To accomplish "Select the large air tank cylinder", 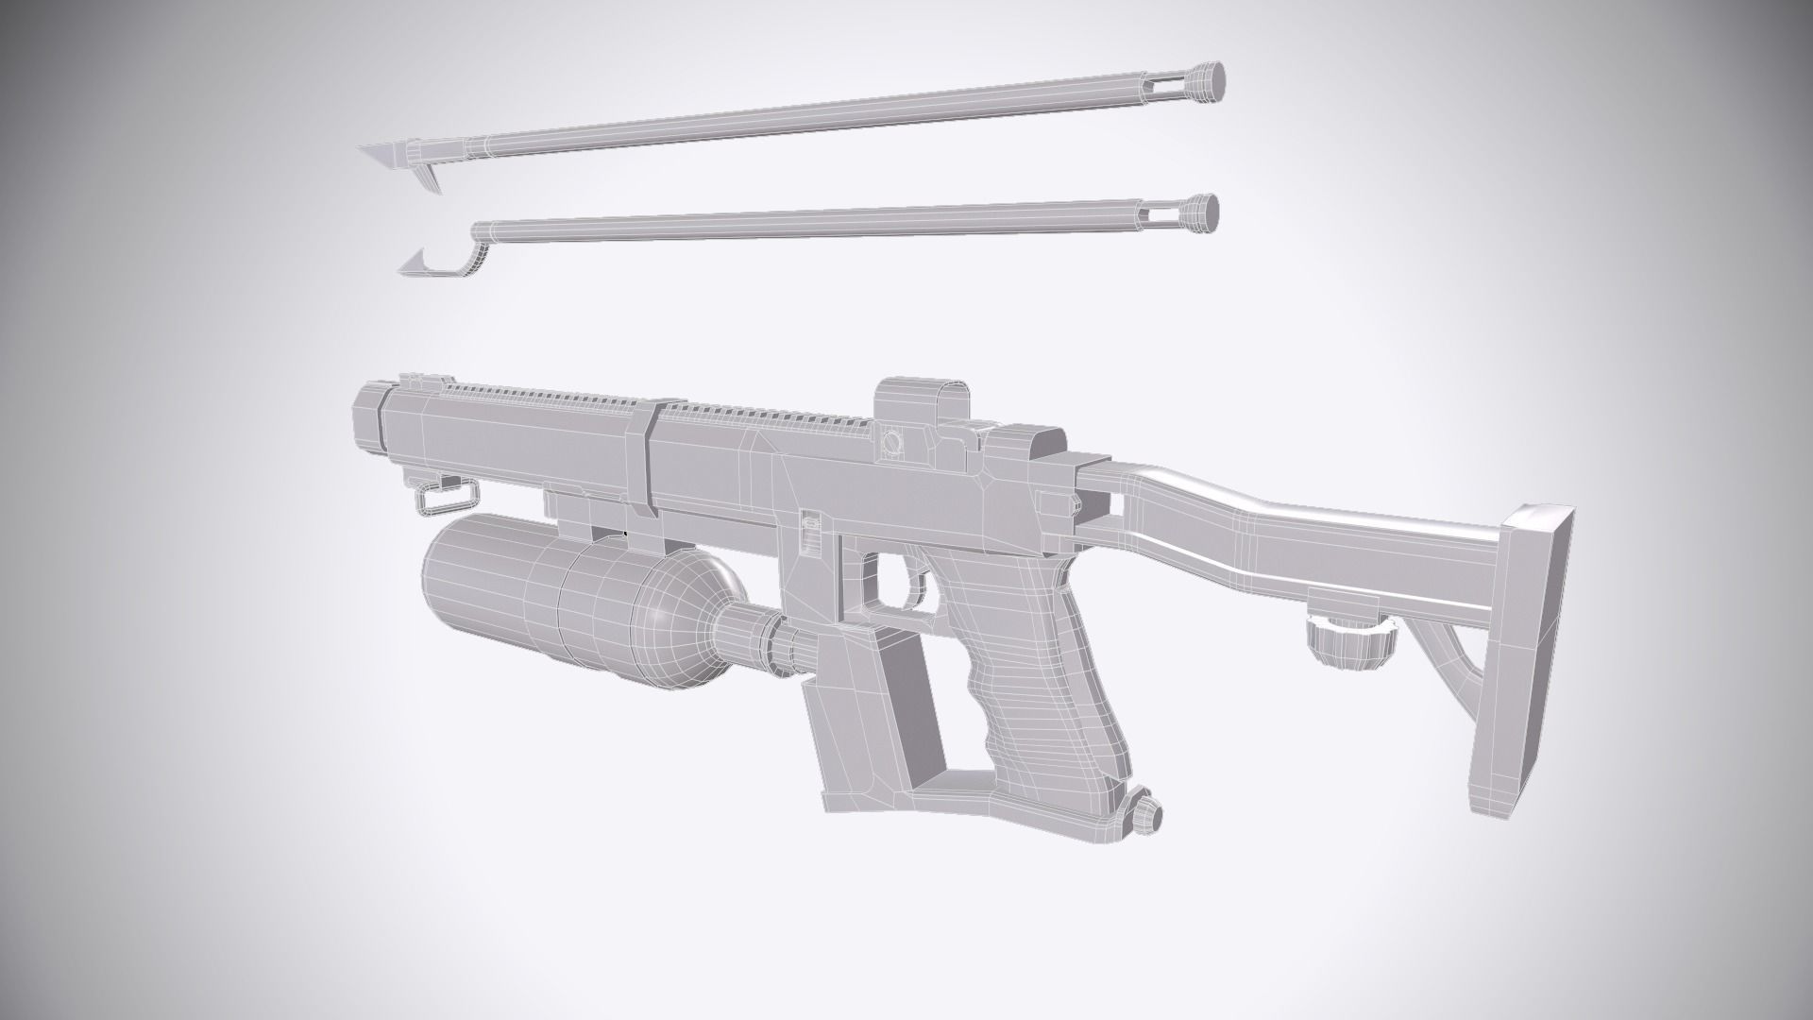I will (x=529, y=586).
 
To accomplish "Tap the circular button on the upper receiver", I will (x=890, y=441).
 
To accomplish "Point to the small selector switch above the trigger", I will (x=810, y=529).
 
